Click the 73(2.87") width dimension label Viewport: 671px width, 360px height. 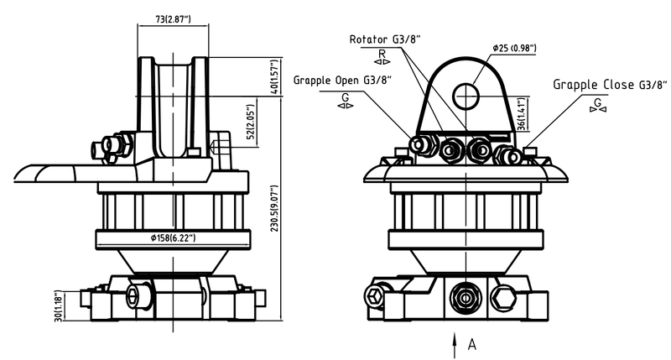[173, 19]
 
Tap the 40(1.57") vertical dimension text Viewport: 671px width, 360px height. [275, 77]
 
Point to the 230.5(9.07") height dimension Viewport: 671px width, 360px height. [275, 208]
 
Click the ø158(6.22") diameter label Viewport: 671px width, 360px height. [174, 238]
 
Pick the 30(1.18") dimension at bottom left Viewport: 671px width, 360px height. [59, 306]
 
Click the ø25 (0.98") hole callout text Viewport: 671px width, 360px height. [514, 48]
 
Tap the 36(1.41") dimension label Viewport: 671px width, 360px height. [521, 114]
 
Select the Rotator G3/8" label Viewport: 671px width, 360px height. [385, 39]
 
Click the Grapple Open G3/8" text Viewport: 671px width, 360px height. [342, 81]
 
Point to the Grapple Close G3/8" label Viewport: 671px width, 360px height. [610, 84]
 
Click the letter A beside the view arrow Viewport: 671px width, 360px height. [472, 344]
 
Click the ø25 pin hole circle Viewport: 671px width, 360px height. [466, 96]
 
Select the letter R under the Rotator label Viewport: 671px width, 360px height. [382, 54]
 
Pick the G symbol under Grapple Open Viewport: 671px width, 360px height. [345, 97]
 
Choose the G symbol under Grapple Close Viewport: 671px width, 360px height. [598, 102]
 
